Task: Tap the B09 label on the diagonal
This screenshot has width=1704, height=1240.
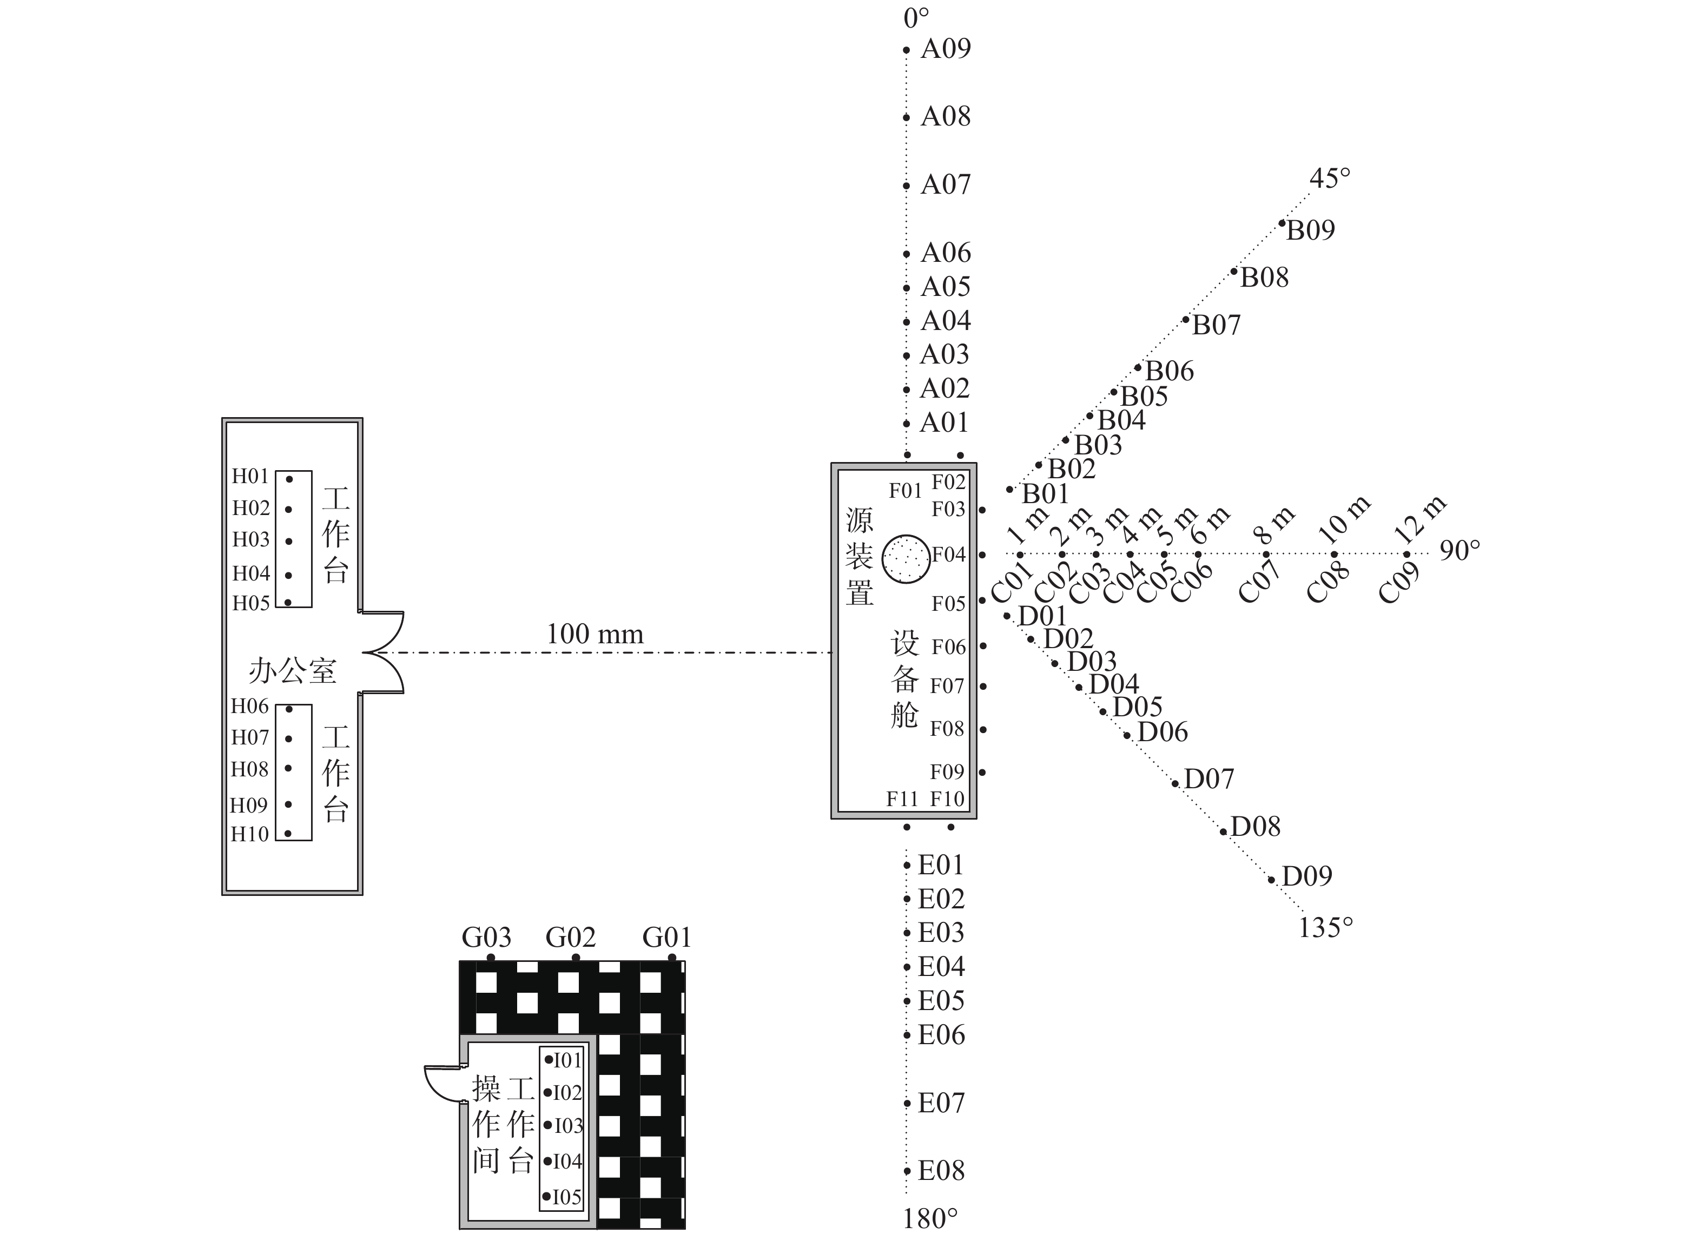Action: (1310, 230)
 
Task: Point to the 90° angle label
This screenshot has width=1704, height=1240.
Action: (1459, 551)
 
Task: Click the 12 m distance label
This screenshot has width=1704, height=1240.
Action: (1419, 520)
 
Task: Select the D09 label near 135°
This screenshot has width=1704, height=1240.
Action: (1306, 876)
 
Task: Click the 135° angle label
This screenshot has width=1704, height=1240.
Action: (1325, 929)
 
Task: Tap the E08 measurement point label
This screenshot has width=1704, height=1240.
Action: (941, 1171)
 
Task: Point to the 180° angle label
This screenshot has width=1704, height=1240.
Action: (930, 1219)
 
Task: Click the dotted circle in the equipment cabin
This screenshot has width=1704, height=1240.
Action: (906, 558)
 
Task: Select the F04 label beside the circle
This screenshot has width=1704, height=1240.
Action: (948, 555)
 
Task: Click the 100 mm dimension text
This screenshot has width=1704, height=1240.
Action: (595, 634)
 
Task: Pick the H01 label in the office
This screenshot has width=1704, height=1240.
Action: (249, 477)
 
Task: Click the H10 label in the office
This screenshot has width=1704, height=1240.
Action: (249, 834)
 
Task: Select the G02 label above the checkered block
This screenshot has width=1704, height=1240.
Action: (570, 938)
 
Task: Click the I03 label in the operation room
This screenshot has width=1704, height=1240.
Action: (568, 1126)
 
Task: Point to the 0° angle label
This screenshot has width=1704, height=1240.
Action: (916, 18)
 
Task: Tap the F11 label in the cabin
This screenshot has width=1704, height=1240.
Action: (902, 799)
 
